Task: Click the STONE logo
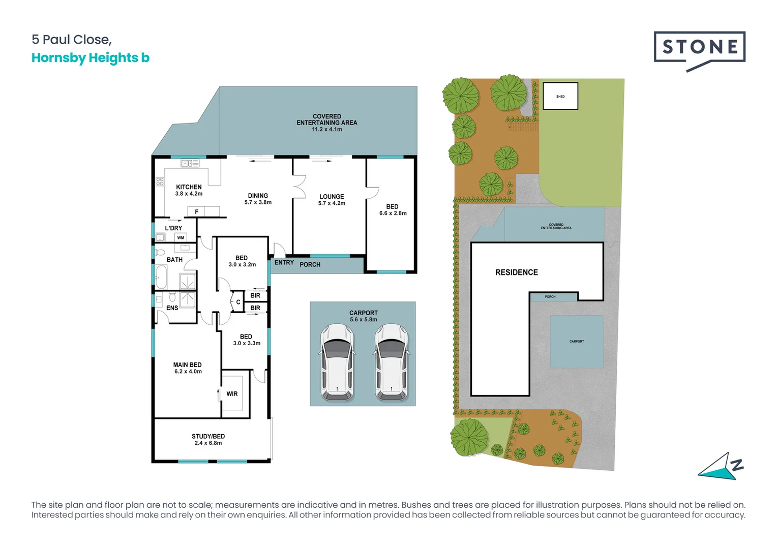(699, 48)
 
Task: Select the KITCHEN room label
(189, 187)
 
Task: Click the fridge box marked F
(197, 211)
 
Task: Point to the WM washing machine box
(181, 237)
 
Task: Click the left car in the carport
(337, 362)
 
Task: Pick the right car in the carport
(391, 362)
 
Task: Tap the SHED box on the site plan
(560, 96)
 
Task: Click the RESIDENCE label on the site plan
(516, 272)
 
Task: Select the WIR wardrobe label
(232, 394)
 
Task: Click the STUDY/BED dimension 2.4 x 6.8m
(208, 443)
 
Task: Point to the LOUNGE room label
(332, 197)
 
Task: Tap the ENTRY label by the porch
(284, 263)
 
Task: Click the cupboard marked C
(238, 302)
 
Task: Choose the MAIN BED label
(187, 365)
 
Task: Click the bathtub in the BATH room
(161, 277)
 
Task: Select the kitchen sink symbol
(190, 163)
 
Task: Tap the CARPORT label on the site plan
(576, 342)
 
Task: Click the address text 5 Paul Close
(71, 40)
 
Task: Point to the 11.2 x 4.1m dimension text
(327, 130)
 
